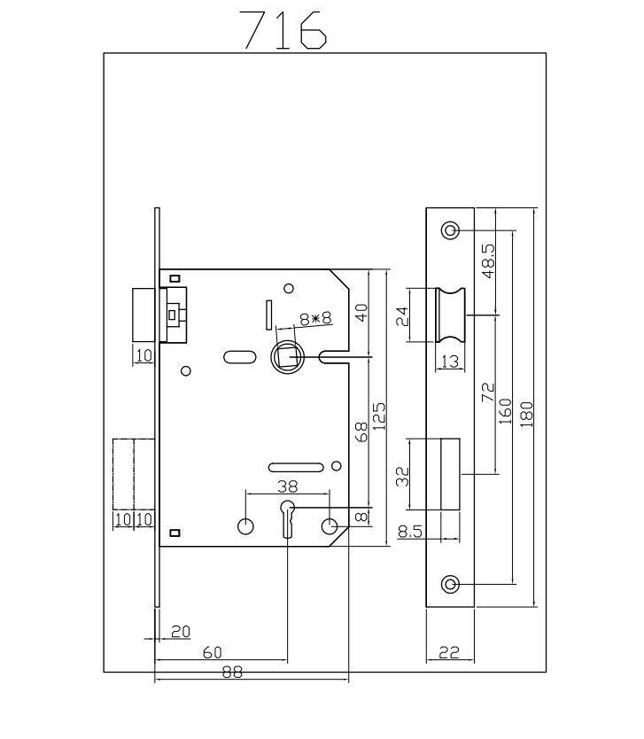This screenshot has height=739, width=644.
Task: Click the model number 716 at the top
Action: [x=284, y=30]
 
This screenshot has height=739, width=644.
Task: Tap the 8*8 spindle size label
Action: [x=314, y=318]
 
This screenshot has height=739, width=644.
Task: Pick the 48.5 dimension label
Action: [x=487, y=261]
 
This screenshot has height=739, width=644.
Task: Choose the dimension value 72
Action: [x=487, y=393]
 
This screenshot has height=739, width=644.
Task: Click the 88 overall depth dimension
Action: [x=232, y=673]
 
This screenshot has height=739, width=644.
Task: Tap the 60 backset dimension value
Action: [x=213, y=652]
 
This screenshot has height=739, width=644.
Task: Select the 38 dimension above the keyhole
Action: [x=288, y=486]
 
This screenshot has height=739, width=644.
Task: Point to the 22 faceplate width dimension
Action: [x=448, y=653]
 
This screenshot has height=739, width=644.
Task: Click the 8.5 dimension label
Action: [x=410, y=532]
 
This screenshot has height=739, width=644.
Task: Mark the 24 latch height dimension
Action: [x=403, y=315]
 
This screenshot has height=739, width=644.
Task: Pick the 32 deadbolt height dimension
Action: [x=403, y=477]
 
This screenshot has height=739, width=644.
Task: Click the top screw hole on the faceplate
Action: [x=450, y=231]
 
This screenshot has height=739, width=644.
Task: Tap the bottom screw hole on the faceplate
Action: [x=450, y=584]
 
